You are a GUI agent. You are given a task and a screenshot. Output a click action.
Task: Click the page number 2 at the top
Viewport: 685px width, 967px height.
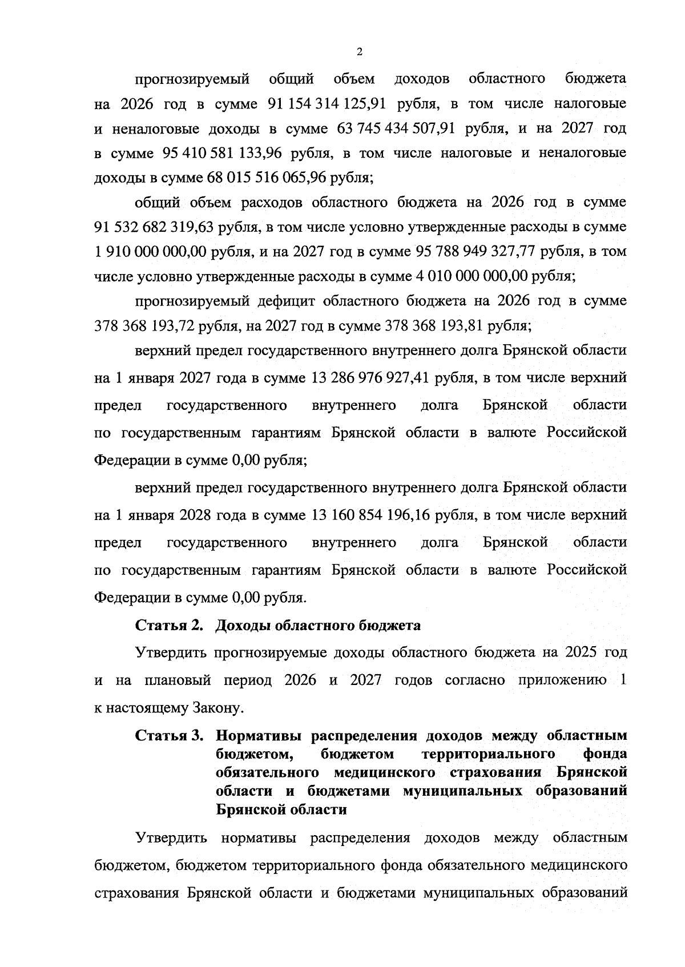pos(359,52)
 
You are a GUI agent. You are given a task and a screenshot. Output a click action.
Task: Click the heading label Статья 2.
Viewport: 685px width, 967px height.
pos(169,626)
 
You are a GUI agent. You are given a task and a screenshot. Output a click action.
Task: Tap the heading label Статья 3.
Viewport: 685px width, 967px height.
pos(169,735)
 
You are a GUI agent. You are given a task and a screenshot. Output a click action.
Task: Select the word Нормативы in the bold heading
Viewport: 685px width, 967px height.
pos(257,735)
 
